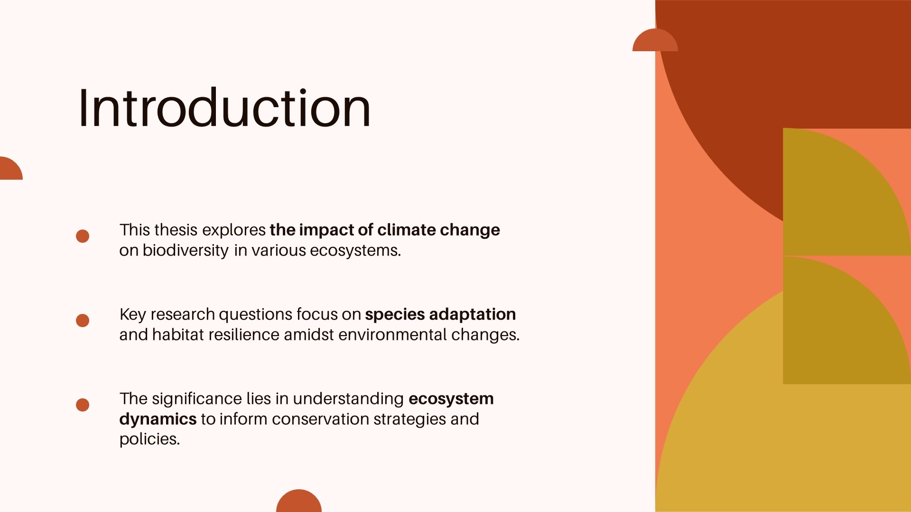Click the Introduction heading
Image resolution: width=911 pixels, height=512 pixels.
coord(224,108)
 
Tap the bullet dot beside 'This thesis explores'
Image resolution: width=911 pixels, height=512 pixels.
coord(83,236)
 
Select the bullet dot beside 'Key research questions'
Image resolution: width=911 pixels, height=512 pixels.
coord(83,320)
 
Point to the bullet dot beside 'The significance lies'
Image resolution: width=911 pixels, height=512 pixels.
coord(83,405)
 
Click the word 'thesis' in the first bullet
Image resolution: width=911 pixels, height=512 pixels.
coord(176,230)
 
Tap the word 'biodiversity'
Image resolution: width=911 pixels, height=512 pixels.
coord(186,250)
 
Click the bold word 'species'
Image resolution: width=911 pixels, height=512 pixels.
coord(395,315)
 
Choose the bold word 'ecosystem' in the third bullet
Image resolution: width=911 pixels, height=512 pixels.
coord(451,399)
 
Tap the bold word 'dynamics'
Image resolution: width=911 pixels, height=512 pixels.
coord(158,420)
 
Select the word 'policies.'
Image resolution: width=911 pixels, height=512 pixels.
coord(149,439)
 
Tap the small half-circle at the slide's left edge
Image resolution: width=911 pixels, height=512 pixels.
coord(10,169)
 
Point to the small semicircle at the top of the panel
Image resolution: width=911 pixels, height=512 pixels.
coord(655,41)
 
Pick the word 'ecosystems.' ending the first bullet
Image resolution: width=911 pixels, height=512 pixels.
coord(355,250)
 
